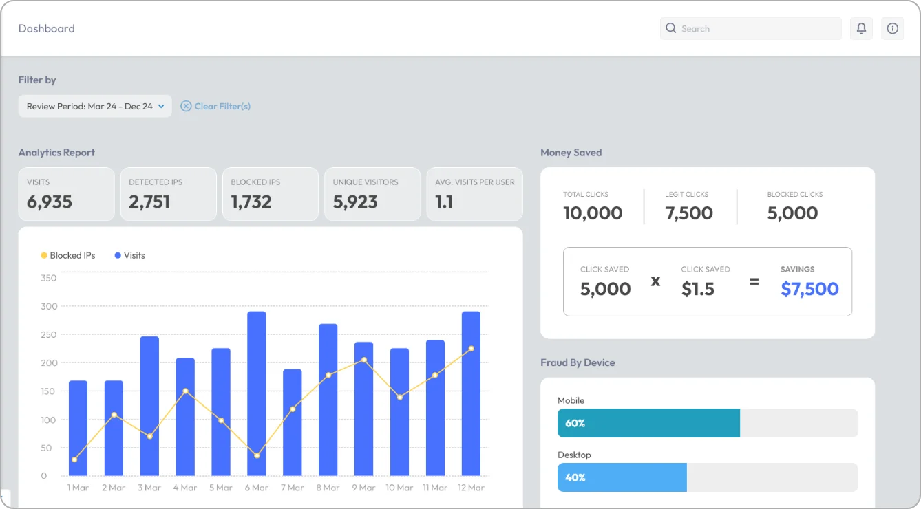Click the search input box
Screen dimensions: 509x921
coord(750,28)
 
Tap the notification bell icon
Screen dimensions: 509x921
coord(861,28)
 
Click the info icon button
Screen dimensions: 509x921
coord(893,28)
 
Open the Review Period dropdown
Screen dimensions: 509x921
coord(95,106)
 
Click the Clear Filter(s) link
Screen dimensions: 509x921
coord(215,106)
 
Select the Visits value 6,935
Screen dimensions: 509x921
coord(50,202)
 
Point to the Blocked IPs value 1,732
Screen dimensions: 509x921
coord(251,202)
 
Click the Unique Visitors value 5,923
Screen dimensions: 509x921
coord(355,202)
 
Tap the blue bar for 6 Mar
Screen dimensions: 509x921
coord(257,393)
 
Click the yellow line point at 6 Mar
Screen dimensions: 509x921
coord(257,455)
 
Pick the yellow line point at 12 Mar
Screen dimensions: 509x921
coord(472,349)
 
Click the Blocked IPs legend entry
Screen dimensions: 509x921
coord(68,255)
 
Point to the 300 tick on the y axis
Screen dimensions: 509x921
coord(48,306)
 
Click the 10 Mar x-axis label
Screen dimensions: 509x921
coord(399,488)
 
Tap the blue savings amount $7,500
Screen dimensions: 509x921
coord(809,289)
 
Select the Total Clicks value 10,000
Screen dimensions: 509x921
coord(593,213)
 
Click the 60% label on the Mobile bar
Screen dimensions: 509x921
coord(575,423)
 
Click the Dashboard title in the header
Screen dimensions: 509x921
coord(47,28)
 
